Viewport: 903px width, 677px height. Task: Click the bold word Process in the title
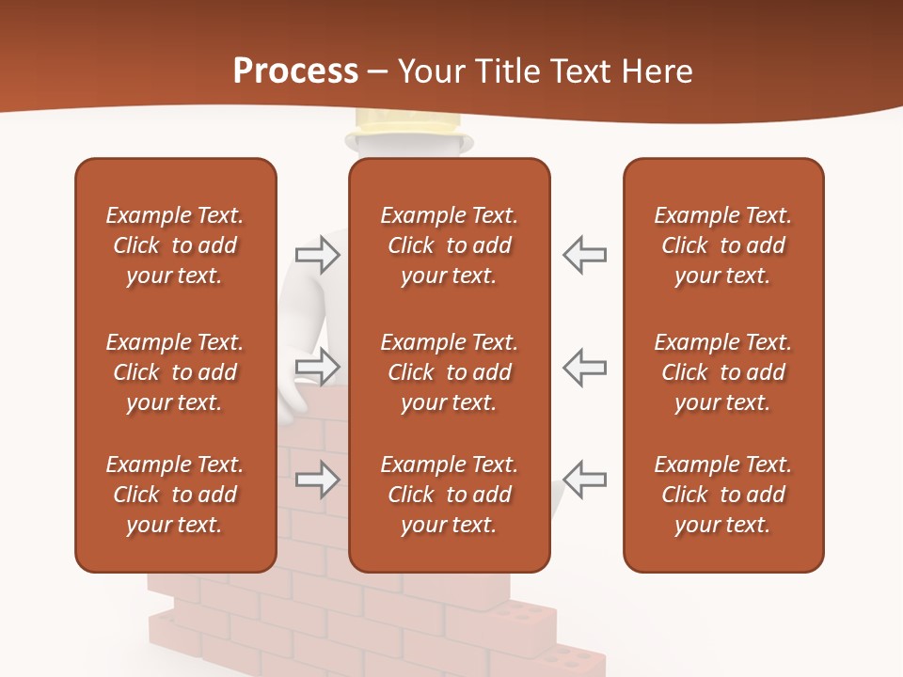point(295,71)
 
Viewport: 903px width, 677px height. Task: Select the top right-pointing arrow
point(317,255)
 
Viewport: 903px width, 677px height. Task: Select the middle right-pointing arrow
point(317,367)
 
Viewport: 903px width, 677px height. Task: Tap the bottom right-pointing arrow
point(317,480)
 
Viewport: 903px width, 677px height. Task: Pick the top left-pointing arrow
point(585,255)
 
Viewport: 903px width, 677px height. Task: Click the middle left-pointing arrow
point(585,367)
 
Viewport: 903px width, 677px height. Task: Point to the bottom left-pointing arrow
point(585,480)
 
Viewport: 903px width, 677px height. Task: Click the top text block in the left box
point(175,245)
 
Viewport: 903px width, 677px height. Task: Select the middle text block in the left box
point(175,372)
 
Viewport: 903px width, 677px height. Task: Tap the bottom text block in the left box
point(175,495)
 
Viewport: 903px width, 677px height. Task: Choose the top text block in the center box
point(449,245)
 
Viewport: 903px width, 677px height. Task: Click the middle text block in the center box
point(449,372)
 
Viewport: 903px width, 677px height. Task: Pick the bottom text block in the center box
point(449,495)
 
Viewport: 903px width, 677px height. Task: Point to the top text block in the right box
point(723,245)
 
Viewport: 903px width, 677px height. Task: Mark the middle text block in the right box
point(723,372)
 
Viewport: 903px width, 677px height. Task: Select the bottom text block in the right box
point(723,495)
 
